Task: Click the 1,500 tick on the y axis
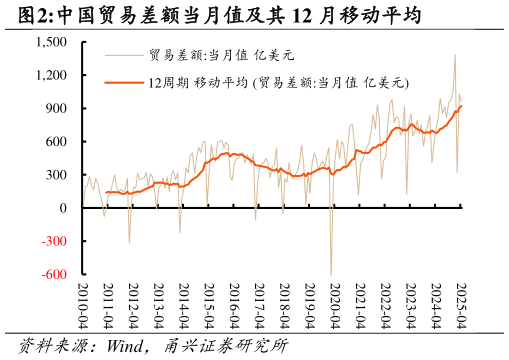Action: (50, 42)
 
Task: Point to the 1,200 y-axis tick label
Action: (50, 75)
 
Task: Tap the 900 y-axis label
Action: (56, 108)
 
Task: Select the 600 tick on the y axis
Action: (56, 141)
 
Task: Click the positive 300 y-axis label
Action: (56, 175)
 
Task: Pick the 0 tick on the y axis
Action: (63, 208)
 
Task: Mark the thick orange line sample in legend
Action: (124, 81)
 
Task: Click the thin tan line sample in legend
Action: (124, 55)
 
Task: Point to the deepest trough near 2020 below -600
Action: (331, 274)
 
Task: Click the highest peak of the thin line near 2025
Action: (455, 55)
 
